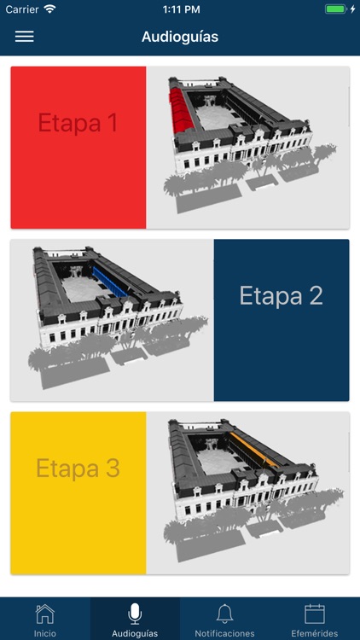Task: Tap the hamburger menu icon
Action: pos(25,37)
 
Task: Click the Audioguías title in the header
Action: pos(180,37)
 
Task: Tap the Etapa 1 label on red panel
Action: pos(78,122)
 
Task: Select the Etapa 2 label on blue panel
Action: pos(282,295)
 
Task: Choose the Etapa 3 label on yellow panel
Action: pos(78,468)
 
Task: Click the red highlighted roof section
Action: pos(180,110)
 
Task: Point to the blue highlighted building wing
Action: pos(109,282)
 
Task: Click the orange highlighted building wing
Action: pos(254,450)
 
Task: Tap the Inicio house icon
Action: pos(45,614)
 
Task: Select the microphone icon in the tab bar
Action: pos(135,614)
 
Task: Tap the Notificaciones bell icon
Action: pos(224,614)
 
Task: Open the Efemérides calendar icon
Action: pos(315,614)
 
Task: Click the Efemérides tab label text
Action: pos(315,634)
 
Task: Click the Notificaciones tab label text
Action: pos(224,634)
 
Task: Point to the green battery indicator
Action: pos(335,9)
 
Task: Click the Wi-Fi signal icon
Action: pos(49,9)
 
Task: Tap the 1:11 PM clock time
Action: pos(181,9)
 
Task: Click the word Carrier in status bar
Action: pos(21,9)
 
